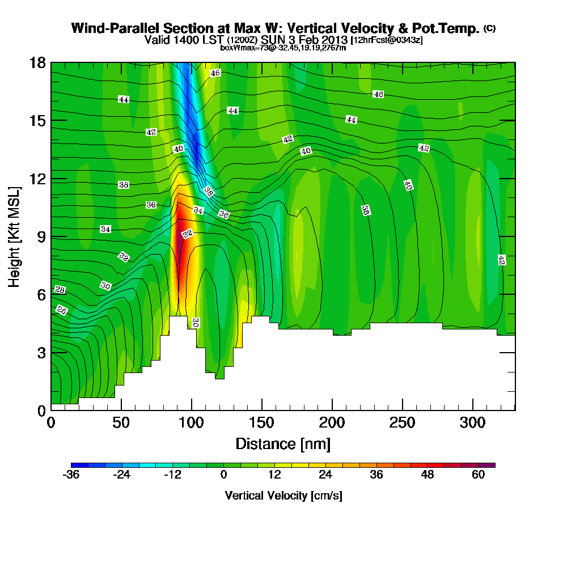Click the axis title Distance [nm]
tap(283, 443)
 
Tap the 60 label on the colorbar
tap(478, 475)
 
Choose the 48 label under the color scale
tap(427, 475)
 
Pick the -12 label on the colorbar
tap(172, 475)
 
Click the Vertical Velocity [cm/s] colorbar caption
tap(283, 496)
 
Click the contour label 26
tap(62, 310)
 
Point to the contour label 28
tap(60, 290)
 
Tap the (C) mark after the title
tap(489, 28)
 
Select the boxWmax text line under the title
tap(283, 48)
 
